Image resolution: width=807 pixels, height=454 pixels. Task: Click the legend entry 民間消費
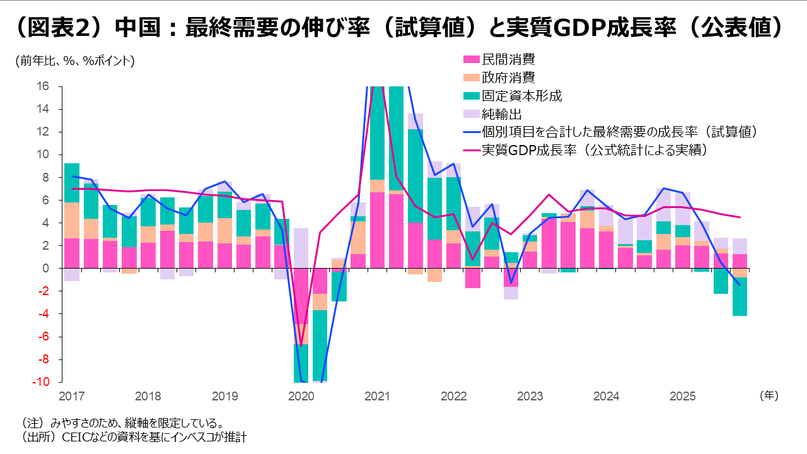(x=508, y=60)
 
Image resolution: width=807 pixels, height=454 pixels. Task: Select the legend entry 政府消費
(x=508, y=78)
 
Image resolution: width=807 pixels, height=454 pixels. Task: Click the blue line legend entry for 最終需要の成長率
(x=618, y=132)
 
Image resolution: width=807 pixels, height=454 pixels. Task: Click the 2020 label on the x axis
(x=301, y=397)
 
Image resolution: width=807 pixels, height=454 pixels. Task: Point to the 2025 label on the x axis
(x=682, y=397)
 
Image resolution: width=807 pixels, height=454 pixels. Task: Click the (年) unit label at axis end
(x=769, y=396)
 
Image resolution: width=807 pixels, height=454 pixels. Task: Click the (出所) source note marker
(x=35, y=437)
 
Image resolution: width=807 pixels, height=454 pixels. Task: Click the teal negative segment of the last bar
(x=740, y=296)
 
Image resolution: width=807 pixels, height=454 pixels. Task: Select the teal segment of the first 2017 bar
(x=71, y=183)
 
